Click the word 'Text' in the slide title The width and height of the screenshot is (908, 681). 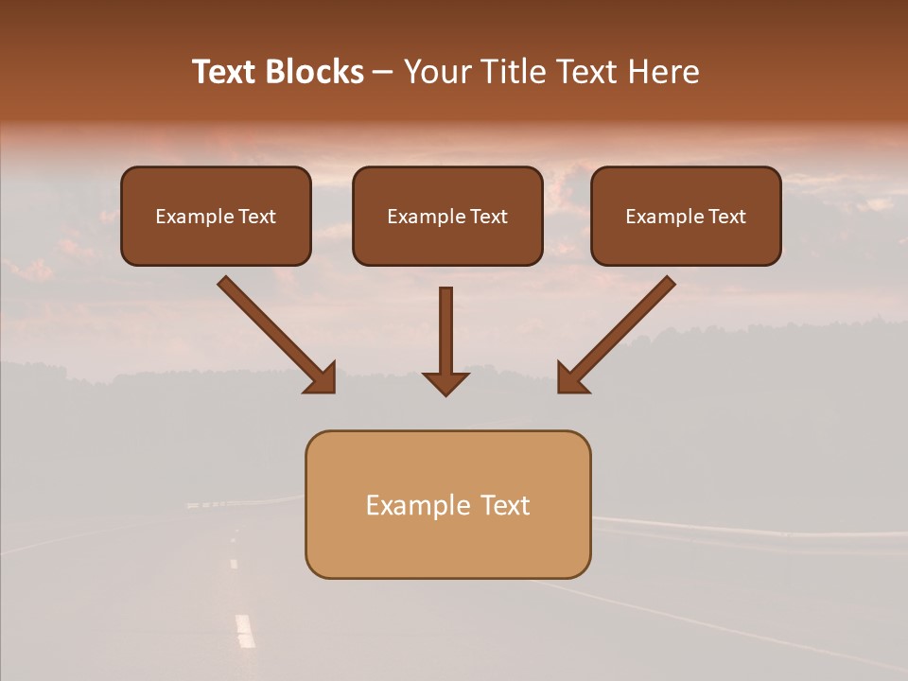pyautogui.click(x=223, y=72)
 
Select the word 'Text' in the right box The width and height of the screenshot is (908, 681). pyautogui.click(x=726, y=217)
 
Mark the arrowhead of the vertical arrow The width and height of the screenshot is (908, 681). pyautogui.click(x=445, y=382)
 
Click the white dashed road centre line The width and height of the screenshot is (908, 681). pyautogui.click(x=245, y=630)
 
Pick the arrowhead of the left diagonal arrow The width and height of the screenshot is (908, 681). pyautogui.click(x=322, y=378)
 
